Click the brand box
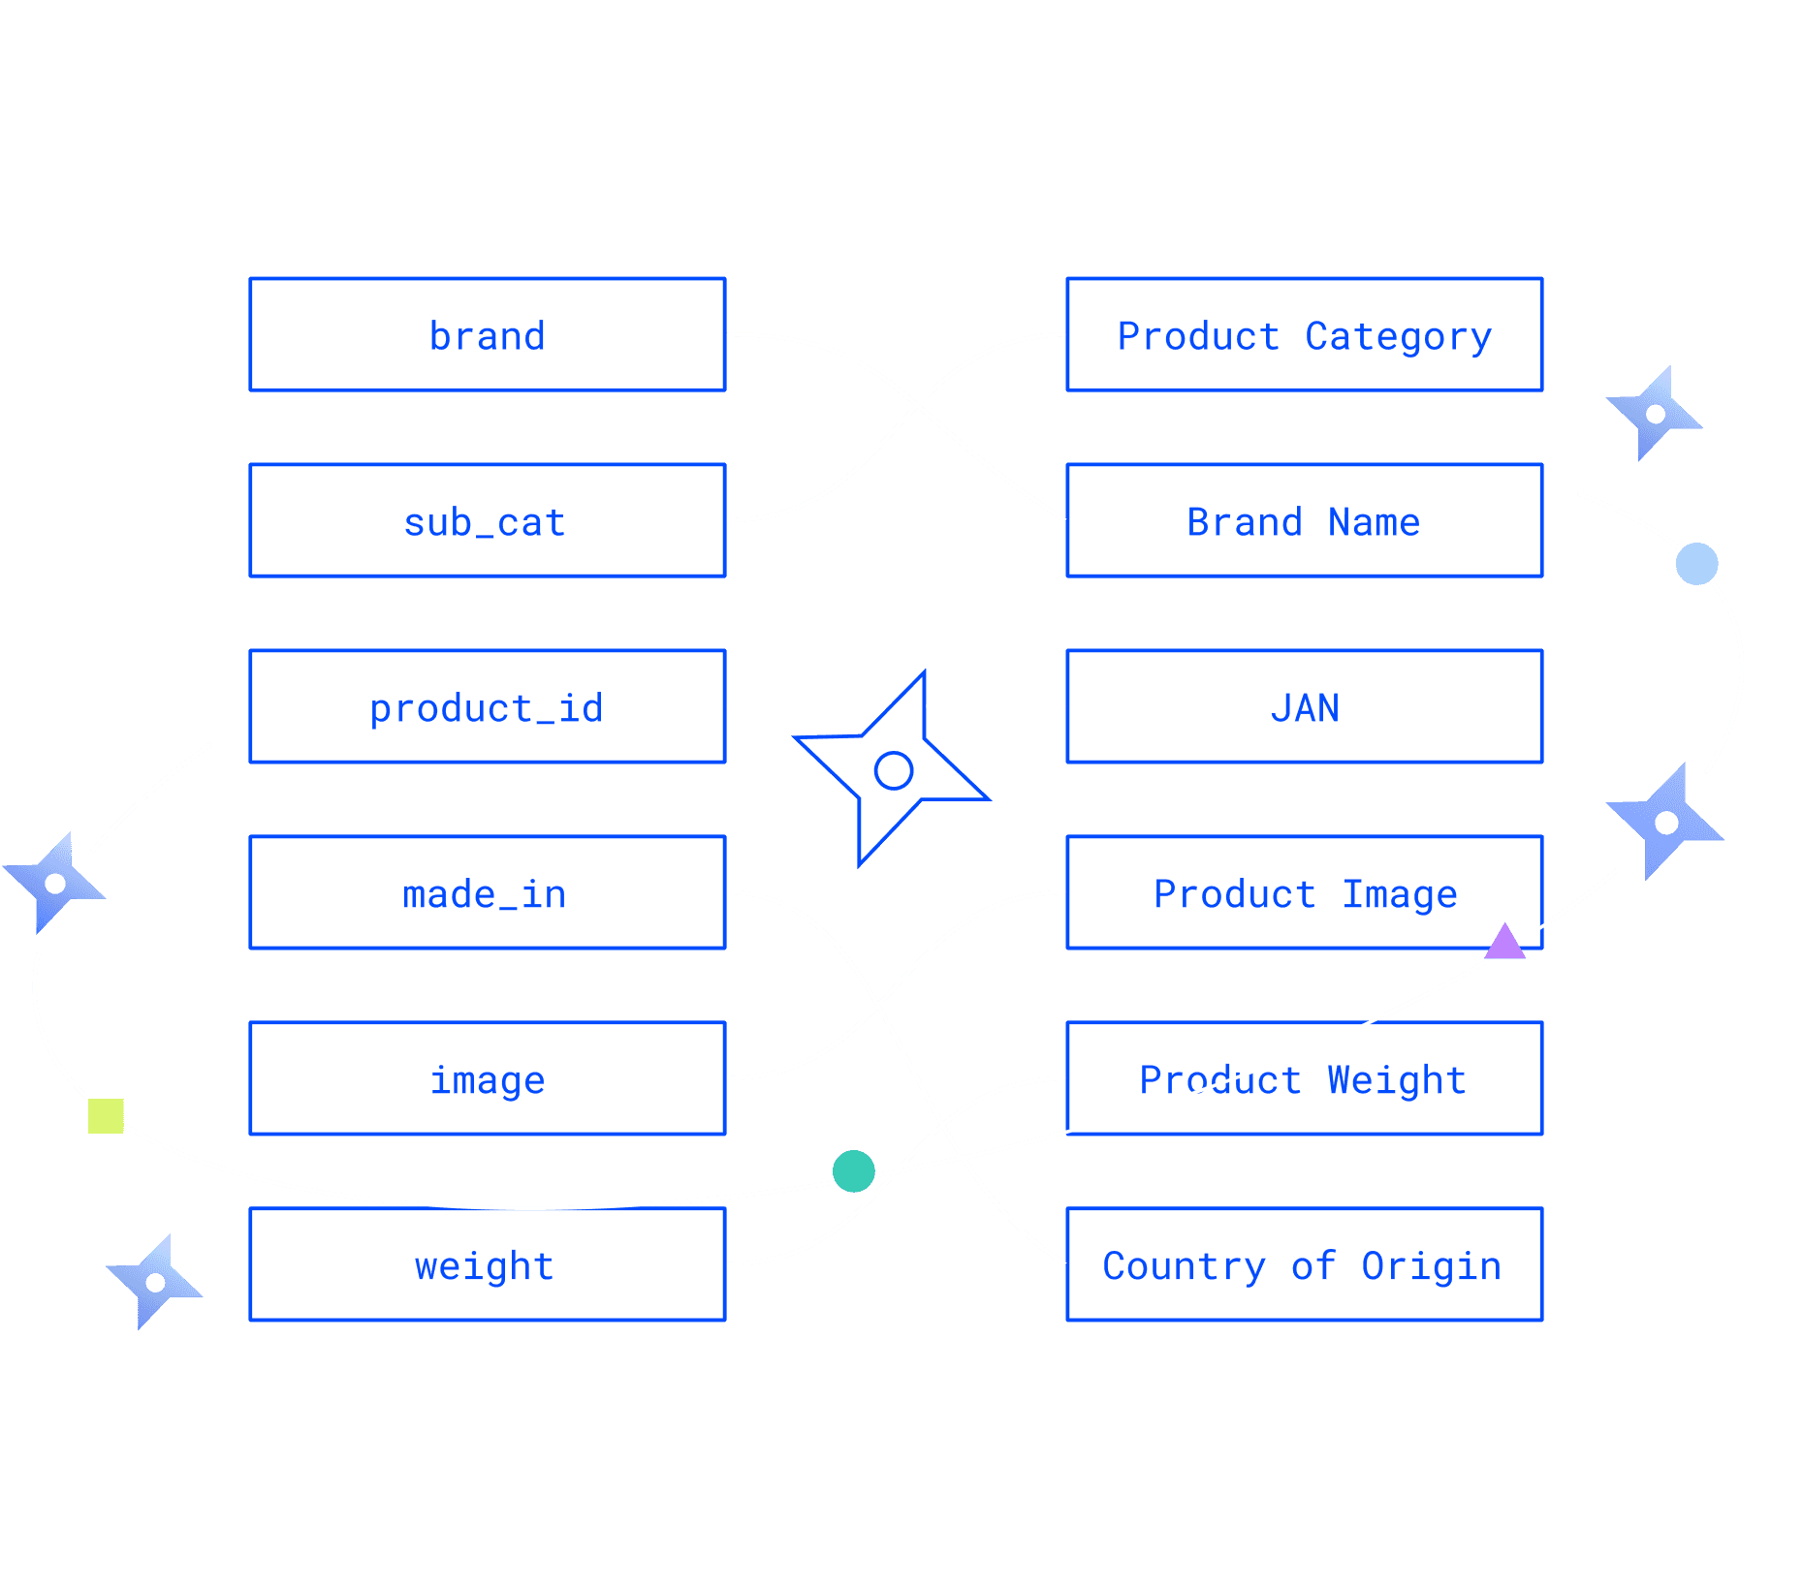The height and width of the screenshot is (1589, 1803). (x=487, y=335)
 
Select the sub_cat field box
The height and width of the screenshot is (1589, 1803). (x=487, y=521)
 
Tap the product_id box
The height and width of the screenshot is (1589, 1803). (x=487, y=707)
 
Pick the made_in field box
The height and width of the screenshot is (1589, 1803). (x=487, y=893)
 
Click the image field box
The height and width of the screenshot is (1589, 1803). (x=487, y=1079)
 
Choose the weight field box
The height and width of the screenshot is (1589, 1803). (x=487, y=1265)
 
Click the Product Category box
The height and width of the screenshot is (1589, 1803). (x=1304, y=335)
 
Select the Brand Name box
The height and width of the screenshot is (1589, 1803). (x=1304, y=521)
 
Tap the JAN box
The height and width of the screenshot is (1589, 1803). (x=1304, y=707)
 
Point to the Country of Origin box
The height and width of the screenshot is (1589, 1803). (x=1304, y=1265)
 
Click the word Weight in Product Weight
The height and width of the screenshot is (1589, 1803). (x=1396, y=1079)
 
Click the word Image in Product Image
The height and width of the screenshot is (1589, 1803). (x=1399, y=893)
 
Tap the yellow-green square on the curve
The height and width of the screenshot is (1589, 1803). (x=106, y=1115)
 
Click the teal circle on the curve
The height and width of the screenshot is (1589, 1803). (x=853, y=1170)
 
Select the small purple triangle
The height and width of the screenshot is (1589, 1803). (x=1504, y=943)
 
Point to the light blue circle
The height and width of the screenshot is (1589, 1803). (x=1696, y=564)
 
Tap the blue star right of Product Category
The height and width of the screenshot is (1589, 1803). (x=1655, y=414)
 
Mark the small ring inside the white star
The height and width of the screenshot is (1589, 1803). (x=893, y=771)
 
